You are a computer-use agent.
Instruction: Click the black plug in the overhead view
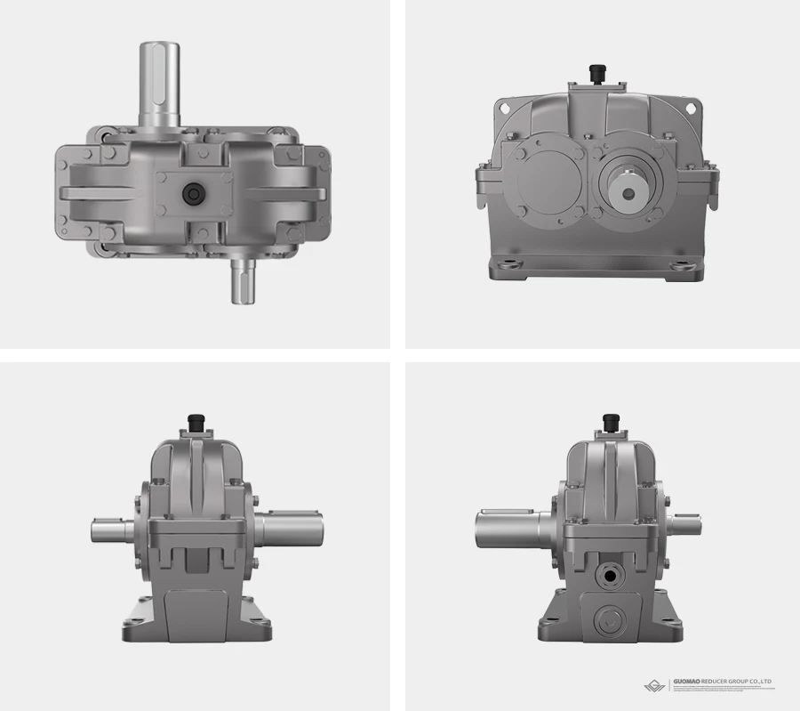coord(192,193)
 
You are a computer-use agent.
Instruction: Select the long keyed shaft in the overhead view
coord(161,85)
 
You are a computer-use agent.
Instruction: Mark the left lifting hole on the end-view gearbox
coord(505,107)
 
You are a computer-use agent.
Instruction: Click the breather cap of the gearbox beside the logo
coord(611,420)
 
